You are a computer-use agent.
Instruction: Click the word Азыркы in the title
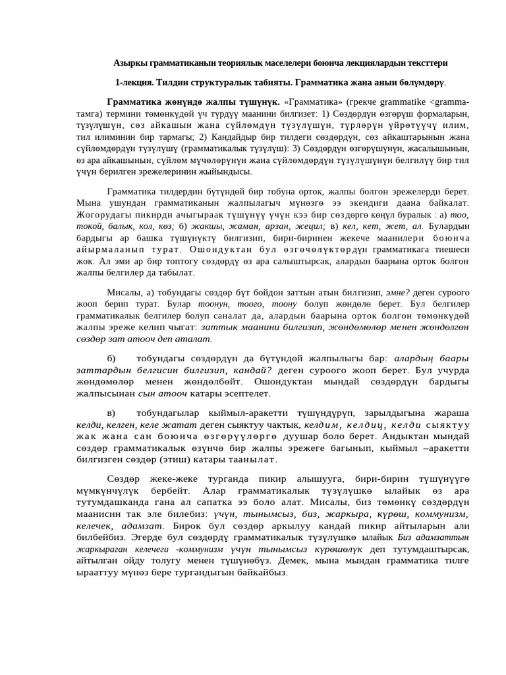(130, 63)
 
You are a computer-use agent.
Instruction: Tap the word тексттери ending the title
(423, 63)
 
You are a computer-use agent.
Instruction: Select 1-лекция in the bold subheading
(134, 82)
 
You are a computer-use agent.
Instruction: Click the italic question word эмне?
(397, 293)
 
